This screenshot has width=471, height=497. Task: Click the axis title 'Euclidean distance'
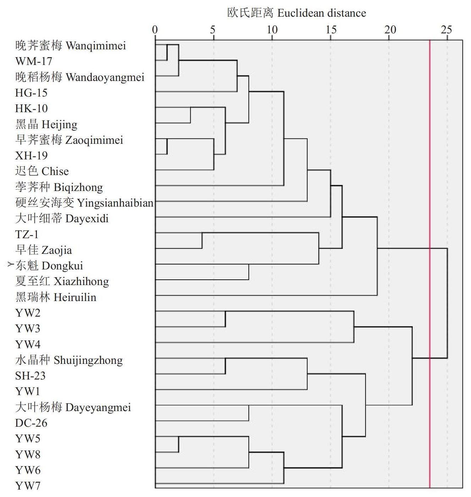[322, 13]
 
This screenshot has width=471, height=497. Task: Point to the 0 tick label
[155, 30]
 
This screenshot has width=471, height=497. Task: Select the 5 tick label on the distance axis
[213, 30]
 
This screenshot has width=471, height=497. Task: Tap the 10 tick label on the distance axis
[272, 30]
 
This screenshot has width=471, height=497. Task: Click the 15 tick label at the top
[331, 30]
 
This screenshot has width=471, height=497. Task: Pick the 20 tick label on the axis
[390, 30]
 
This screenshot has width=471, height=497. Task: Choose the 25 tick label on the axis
[447, 30]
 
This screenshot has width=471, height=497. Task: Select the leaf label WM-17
[34, 61]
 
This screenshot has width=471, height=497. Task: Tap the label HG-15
[31, 93]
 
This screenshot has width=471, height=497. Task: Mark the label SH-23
[30, 376]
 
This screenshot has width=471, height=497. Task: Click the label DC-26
[31, 423]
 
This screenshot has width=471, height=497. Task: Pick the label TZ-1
[27, 234]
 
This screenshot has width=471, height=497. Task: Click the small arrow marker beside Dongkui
[11, 264]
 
